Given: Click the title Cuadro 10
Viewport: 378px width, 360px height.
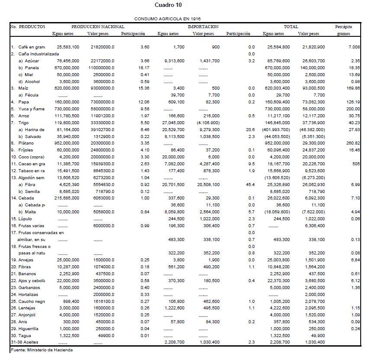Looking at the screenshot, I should (x=168, y=5).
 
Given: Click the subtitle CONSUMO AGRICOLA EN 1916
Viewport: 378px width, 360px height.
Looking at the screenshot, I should (x=167, y=19).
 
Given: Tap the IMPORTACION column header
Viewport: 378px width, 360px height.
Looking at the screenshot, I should (x=203, y=27).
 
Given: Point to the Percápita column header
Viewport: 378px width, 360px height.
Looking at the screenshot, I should (x=343, y=27).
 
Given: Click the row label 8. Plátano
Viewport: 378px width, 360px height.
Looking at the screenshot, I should (x=24, y=143).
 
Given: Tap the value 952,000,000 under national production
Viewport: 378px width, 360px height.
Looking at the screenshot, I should (x=66, y=143).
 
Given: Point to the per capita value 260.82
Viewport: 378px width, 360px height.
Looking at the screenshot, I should (x=353, y=143).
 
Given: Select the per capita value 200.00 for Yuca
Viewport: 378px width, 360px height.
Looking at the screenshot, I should (x=353, y=109).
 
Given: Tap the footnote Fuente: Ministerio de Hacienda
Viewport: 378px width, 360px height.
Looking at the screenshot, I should (x=41, y=350).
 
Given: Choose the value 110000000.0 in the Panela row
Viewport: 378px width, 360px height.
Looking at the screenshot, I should (x=101, y=67).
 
